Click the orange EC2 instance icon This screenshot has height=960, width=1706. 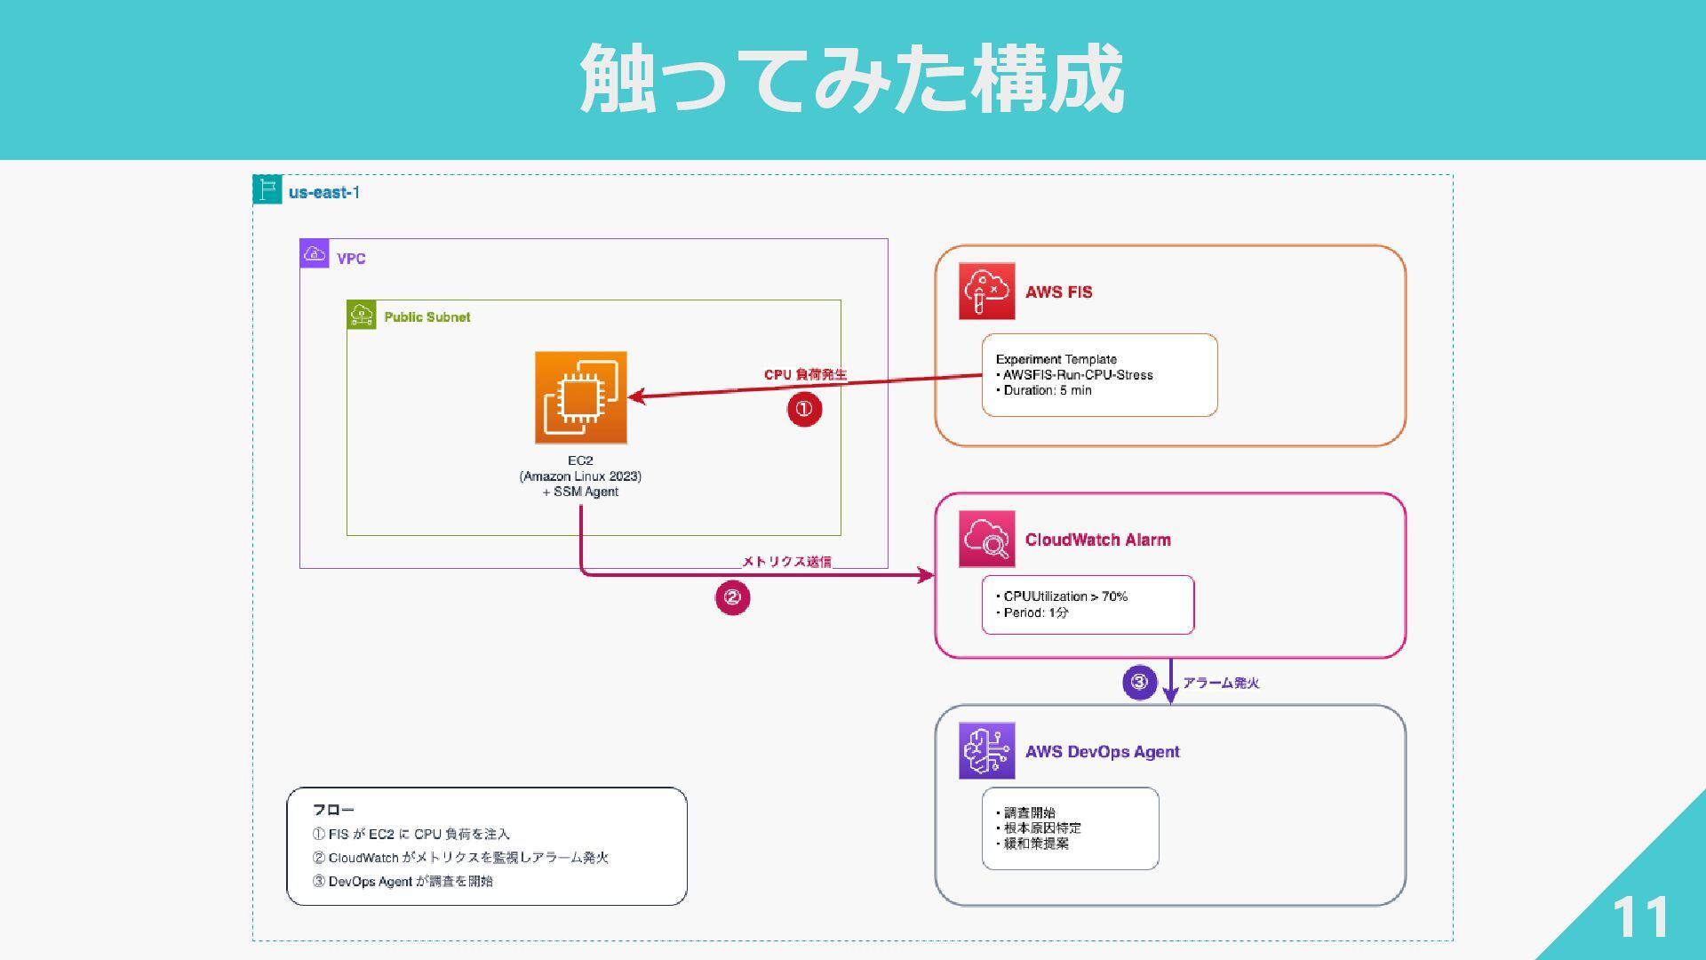(x=581, y=397)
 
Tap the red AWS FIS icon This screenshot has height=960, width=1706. (x=986, y=291)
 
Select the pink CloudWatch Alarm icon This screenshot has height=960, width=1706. (x=986, y=539)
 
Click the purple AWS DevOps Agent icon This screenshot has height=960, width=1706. (x=986, y=751)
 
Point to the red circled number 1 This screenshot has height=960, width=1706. (x=804, y=409)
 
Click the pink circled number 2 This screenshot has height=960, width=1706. (x=733, y=597)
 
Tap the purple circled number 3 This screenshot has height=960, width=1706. (x=1140, y=683)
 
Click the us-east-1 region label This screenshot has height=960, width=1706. (x=324, y=192)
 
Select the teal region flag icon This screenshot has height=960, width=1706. (x=267, y=189)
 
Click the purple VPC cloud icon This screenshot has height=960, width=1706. (x=315, y=253)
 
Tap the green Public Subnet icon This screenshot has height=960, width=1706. (x=362, y=315)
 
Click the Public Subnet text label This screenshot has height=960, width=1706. (x=427, y=317)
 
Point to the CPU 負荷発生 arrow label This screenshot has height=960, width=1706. (x=805, y=374)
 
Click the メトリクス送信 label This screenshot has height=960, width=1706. (x=786, y=561)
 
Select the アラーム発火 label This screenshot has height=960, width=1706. (x=1221, y=683)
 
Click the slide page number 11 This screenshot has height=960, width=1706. (x=1640, y=916)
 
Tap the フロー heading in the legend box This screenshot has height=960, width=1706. (x=333, y=810)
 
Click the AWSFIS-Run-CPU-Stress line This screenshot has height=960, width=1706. (x=1074, y=375)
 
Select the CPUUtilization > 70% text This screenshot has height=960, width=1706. (x=1062, y=596)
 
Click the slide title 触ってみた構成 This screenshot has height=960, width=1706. (x=852, y=79)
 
